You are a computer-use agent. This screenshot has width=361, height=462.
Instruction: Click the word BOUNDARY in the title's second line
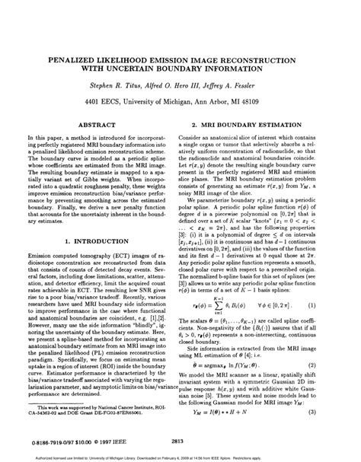click(188, 69)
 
